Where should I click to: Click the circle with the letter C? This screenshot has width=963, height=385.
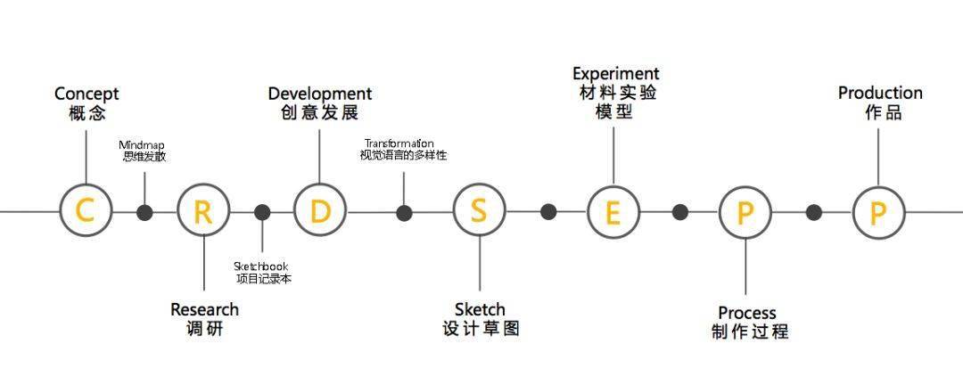click(x=86, y=210)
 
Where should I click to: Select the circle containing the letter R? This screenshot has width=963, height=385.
click(x=203, y=211)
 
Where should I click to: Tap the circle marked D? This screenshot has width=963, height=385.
click(x=319, y=210)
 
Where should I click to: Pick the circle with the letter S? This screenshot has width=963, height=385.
click(x=479, y=210)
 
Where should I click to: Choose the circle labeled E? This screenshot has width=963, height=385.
click(x=613, y=212)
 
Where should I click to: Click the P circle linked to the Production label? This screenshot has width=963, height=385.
click(x=879, y=212)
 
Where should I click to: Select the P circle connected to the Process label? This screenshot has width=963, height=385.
click(x=745, y=212)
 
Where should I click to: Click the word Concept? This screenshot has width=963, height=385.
click(x=86, y=94)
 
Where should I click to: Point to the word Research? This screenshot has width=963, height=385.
click(x=204, y=309)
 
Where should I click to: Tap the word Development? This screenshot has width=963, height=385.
click(x=320, y=94)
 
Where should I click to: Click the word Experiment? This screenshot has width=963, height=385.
click(x=616, y=74)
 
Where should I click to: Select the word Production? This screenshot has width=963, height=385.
click(x=880, y=94)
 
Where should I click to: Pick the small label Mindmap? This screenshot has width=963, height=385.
click(x=142, y=145)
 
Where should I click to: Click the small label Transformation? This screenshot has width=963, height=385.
click(x=399, y=144)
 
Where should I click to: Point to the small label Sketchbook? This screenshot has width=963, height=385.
click(x=261, y=266)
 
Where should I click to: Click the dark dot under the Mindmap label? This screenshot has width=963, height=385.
click(x=144, y=212)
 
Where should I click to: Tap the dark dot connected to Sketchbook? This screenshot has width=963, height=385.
click(x=262, y=212)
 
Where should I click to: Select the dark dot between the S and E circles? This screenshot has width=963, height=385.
click(x=548, y=212)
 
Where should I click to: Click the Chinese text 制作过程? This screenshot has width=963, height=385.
click(x=750, y=332)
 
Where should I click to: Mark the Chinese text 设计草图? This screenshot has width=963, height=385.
click(x=481, y=329)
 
